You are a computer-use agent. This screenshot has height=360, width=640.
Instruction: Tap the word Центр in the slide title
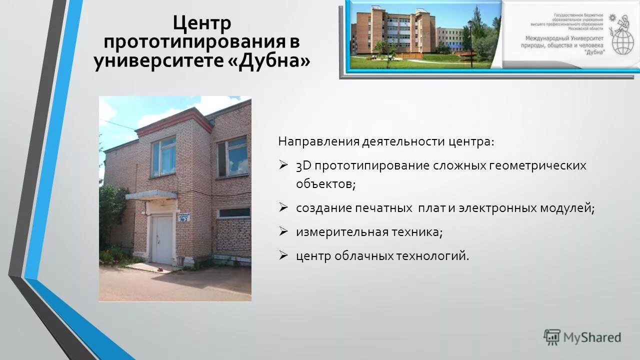[201, 23]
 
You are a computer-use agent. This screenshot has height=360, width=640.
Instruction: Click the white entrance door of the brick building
[162, 238]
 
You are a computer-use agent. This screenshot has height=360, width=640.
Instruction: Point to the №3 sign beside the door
[183, 217]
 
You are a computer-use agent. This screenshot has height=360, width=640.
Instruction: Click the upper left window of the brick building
[163, 156]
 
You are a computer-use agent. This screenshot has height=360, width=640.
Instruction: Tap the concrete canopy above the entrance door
[151, 195]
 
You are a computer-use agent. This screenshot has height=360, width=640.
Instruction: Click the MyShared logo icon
[552, 337]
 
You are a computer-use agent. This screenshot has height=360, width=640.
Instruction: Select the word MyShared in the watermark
[592, 337]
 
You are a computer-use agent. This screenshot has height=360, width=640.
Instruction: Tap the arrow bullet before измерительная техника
[283, 231]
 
